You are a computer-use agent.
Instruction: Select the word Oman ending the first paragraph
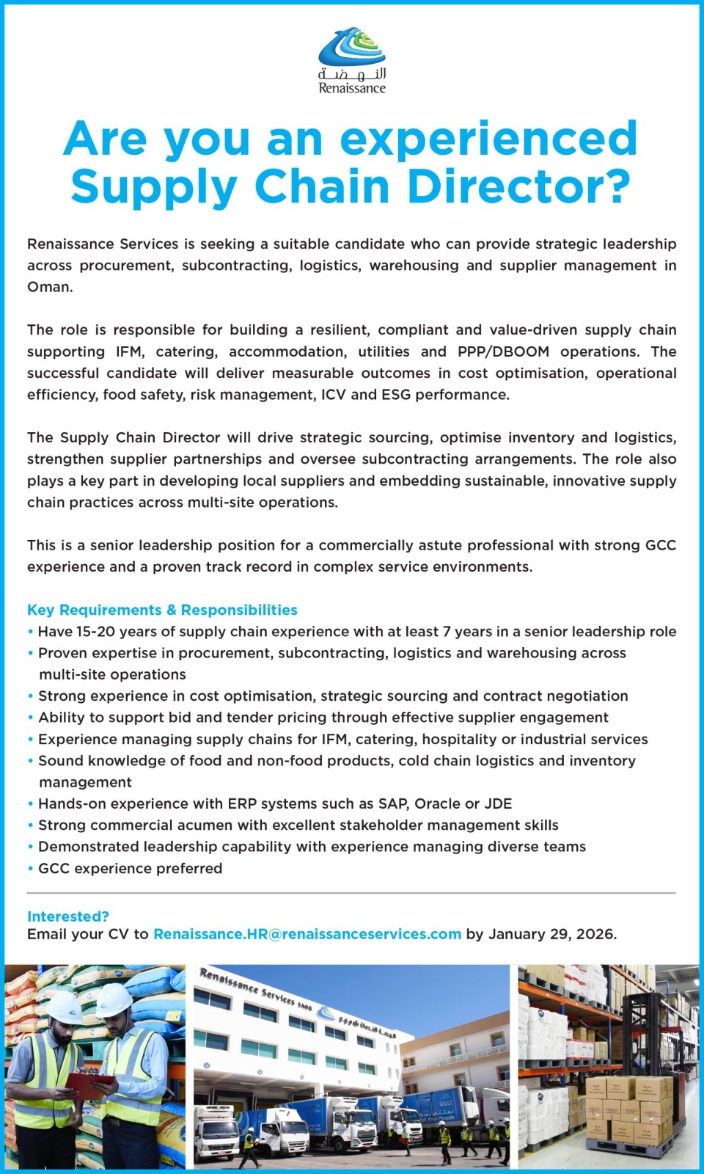[x=50, y=287]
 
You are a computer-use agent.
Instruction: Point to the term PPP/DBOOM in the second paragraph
[x=503, y=351]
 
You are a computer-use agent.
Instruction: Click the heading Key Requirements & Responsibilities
[x=162, y=610]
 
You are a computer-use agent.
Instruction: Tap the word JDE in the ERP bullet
[x=496, y=803]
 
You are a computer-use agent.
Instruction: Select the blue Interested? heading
[x=67, y=916]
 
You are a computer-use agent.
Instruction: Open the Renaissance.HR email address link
[x=307, y=934]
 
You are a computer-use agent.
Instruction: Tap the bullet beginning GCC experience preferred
[x=130, y=869]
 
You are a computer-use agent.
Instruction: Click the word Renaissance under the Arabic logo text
[x=352, y=89]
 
